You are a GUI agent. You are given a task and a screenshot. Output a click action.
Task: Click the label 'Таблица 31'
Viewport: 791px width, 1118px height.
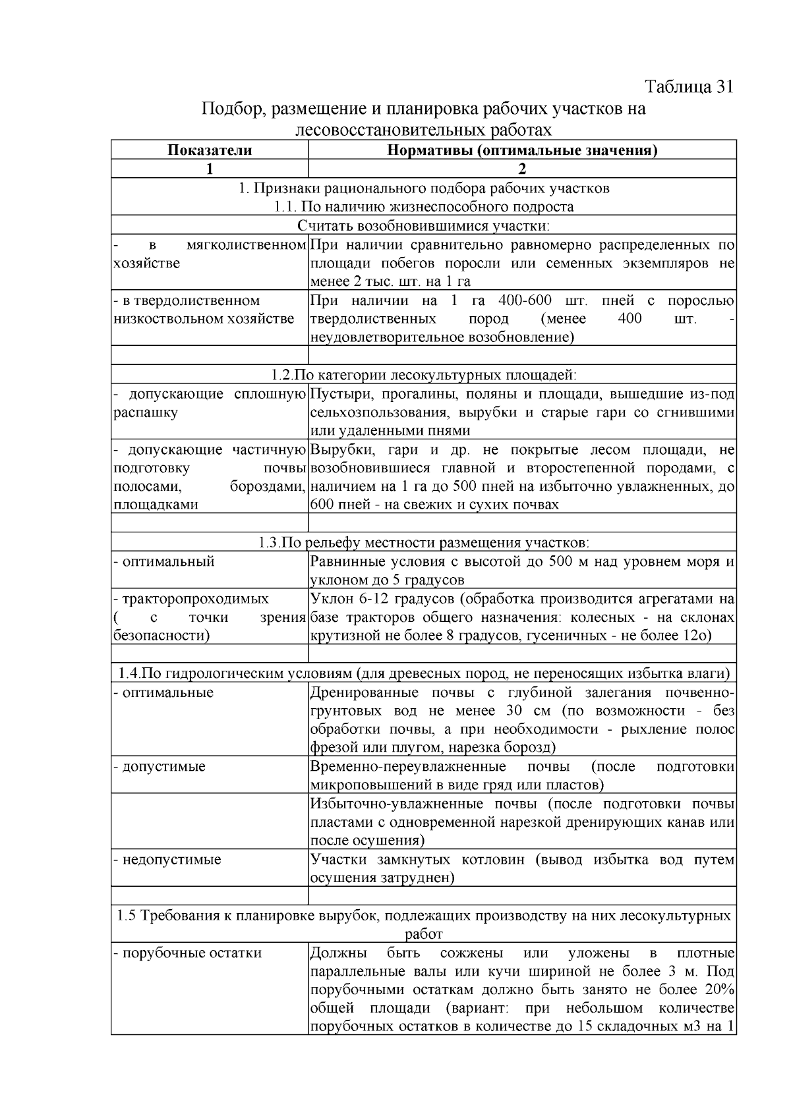click(689, 87)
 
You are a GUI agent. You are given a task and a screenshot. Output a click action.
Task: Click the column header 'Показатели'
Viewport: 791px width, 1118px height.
click(210, 150)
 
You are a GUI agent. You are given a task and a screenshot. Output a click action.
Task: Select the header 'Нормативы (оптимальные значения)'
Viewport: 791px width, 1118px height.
click(521, 150)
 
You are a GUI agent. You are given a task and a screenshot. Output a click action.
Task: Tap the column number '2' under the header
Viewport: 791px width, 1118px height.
click(521, 169)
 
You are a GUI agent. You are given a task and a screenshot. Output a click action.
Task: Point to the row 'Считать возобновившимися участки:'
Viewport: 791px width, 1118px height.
click(423, 226)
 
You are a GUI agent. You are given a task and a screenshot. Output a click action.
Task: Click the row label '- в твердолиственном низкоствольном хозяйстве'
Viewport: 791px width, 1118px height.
click(204, 310)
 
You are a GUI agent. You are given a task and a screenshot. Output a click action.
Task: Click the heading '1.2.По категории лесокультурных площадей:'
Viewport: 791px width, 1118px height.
click(423, 375)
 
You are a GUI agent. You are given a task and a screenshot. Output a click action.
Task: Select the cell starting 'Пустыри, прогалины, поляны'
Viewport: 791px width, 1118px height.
click(521, 412)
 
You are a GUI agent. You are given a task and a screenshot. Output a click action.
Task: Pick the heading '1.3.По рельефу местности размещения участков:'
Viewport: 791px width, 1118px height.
click(423, 543)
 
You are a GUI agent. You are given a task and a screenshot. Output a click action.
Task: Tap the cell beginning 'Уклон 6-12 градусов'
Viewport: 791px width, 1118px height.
click(521, 617)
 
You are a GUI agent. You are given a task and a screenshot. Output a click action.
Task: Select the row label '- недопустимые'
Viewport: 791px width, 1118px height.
click(167, 859)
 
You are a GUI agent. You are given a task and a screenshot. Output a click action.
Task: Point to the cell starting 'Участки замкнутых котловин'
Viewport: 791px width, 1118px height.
click(521, 868)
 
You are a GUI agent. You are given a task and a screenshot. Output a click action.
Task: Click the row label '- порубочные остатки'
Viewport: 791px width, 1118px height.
click(188, 953)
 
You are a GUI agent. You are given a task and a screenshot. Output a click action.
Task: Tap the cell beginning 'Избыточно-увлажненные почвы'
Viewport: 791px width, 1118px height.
click(521, 822)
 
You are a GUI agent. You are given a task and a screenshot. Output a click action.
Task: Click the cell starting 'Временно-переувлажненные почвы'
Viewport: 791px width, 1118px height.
click(521, 775)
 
